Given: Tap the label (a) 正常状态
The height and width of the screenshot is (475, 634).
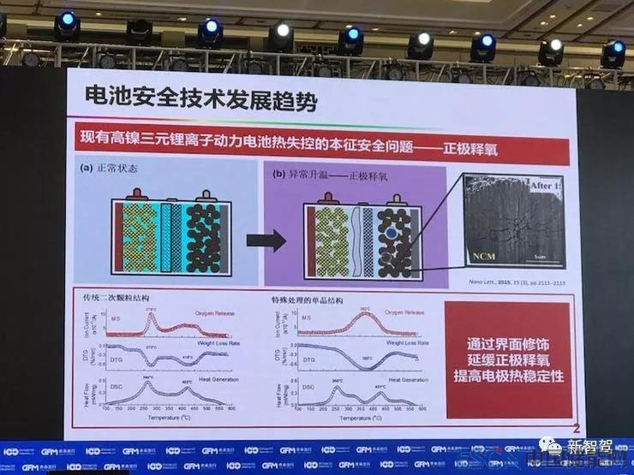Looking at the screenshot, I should point(111,169).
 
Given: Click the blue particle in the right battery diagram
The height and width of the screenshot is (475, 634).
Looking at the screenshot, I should point(390,232).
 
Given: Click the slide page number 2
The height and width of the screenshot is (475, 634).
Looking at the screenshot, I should point(577,426).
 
